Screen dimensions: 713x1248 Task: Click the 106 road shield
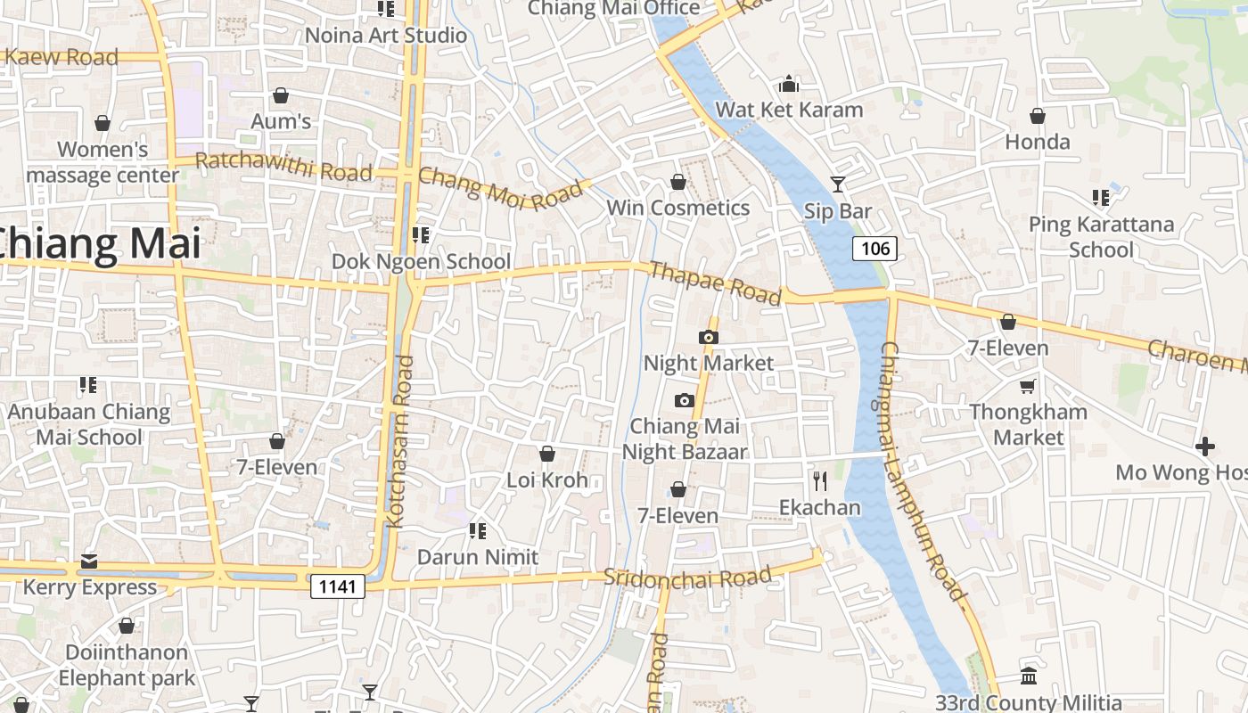[874, 249]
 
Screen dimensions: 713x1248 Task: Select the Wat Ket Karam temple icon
[789, 85]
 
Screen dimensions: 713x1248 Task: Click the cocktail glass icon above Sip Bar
[838, 184]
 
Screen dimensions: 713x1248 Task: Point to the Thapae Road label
[715, 283]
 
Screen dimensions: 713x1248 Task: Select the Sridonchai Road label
[687, 577]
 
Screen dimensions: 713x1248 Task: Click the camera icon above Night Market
[709, 337]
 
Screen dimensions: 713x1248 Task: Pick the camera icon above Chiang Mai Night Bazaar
[685, 400]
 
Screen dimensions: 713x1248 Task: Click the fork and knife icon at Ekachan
[820, 481]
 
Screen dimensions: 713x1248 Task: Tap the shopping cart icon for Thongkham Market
[1028, 386]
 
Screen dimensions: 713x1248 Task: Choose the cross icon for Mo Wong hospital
[1205, 446]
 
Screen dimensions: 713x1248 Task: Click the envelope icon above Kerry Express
[89, 561]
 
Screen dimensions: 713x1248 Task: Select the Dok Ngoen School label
[421, 261]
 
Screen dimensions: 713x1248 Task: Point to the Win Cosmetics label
[677, 208]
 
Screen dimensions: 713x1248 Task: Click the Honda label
[1038, 142]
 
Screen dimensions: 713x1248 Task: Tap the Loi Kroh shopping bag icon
[547, 455]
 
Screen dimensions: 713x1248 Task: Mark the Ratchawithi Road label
[283, 167]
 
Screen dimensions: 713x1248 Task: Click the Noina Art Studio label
[386, 36]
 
